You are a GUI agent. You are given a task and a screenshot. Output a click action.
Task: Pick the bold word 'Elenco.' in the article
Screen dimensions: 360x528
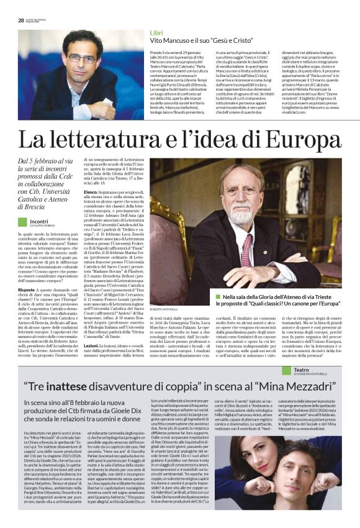tap(91, 193)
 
